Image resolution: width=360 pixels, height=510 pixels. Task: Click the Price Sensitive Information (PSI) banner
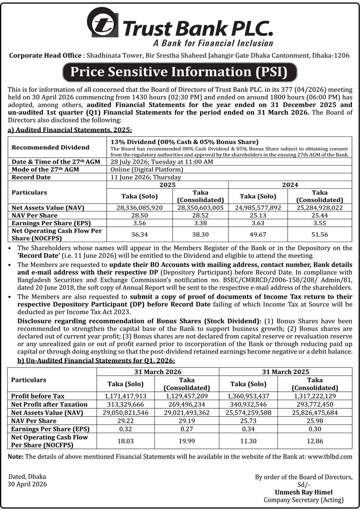pyautogui.click(x=180, y=73)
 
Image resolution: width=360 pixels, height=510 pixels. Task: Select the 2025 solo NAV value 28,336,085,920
pyautogui.click(x=139, y=207)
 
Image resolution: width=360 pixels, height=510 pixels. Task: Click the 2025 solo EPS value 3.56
pyautogui.click(x=139, y=223)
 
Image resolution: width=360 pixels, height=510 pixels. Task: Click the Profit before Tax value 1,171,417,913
pyautogui.click(x=125, y=396)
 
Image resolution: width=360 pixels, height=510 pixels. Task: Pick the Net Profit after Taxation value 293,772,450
pyautogui.click(x=319, y=404)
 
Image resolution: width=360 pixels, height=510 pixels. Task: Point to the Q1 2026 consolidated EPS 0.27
pyautogui.click(x=187, y=429)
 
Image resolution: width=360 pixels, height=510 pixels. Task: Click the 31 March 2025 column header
pyautogui.click(x=286, y=372)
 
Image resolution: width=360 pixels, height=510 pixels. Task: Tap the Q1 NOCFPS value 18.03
pyautogui.click(x=125, y=440)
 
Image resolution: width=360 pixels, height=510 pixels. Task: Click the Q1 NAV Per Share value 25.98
pyautogui.click(x=319, y=421)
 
